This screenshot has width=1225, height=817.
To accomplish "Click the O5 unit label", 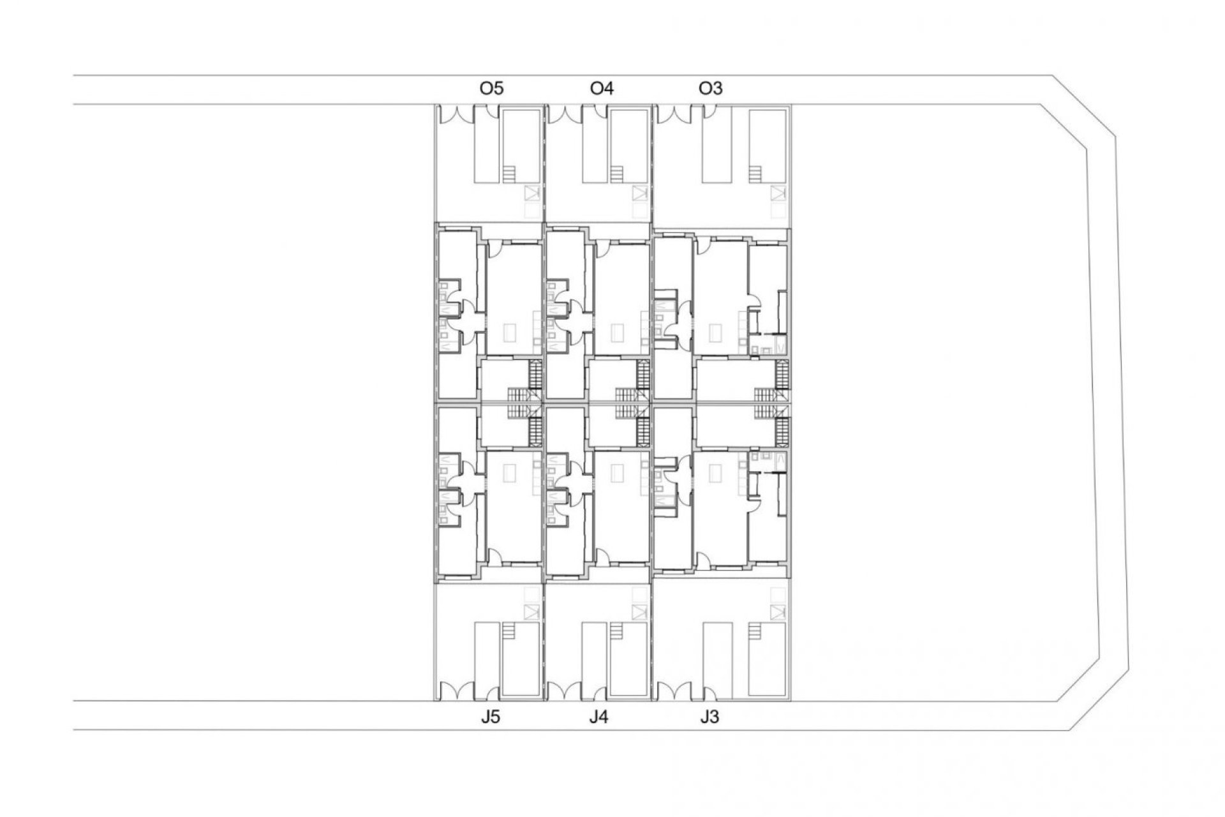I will coord(491,88).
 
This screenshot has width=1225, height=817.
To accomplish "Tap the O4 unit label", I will coord(602,88).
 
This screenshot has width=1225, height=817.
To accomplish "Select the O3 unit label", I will coord(711,88).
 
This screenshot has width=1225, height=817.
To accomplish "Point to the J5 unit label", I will coord(490,717).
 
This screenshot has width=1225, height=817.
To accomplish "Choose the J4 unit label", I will coord(598,717).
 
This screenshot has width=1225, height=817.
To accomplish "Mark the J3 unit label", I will coord(709,717).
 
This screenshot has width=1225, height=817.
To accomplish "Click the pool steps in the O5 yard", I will coord(509,174).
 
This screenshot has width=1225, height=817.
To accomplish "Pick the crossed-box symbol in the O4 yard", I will coord(640,193).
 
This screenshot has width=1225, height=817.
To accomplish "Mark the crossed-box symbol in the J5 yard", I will coord(531,611).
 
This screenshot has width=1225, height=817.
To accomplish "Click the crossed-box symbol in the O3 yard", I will coord(777,193).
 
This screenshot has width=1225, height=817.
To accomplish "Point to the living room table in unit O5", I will coord(510,332).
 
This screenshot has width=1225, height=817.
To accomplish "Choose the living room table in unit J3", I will coord(716,473).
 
